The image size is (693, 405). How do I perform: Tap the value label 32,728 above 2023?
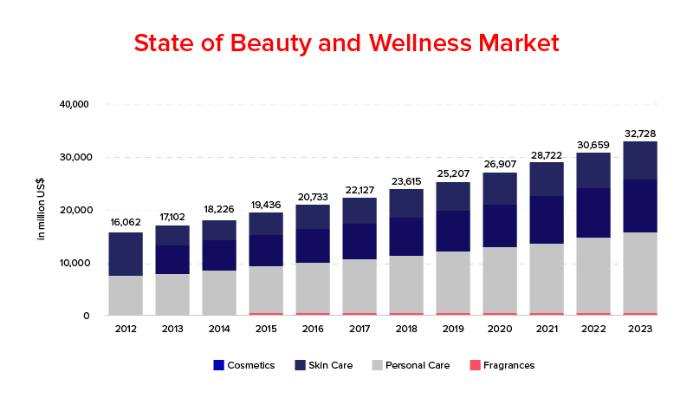(640, 134)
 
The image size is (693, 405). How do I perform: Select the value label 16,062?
(126, 222)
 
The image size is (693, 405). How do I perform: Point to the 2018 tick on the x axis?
(406, 329)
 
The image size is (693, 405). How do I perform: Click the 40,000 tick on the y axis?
(74, 104)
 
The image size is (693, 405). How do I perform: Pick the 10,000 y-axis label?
(74, 263)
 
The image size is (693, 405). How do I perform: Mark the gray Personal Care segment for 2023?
(640, 271)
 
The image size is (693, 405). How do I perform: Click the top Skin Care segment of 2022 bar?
(593, 170)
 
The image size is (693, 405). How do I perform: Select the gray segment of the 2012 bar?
(126, 295)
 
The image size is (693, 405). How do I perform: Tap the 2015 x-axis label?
(266, 329)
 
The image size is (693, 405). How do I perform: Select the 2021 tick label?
(547, 329)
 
